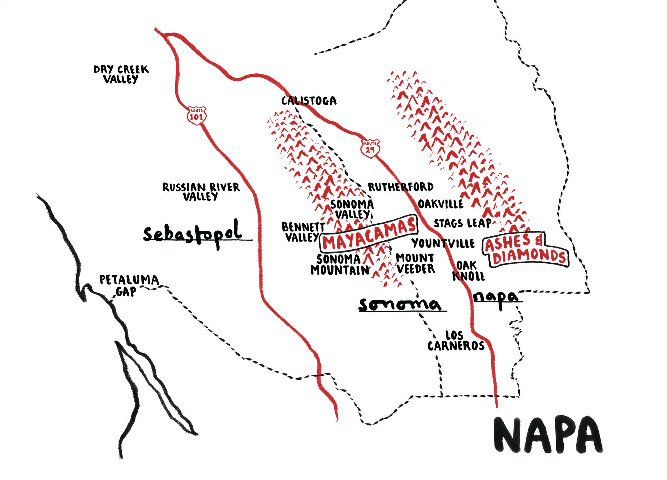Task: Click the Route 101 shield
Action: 196,115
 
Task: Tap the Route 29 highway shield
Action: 370,148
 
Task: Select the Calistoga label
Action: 309,101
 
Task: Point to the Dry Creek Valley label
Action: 121,74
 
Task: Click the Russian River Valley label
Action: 202,192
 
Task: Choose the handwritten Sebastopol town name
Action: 193,234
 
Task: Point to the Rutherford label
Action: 401,187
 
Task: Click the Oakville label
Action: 441,204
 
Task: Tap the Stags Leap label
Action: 462,223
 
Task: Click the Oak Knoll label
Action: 469,271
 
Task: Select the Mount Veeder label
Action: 415,263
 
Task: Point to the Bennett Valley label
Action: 303,232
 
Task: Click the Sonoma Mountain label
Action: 340,265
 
